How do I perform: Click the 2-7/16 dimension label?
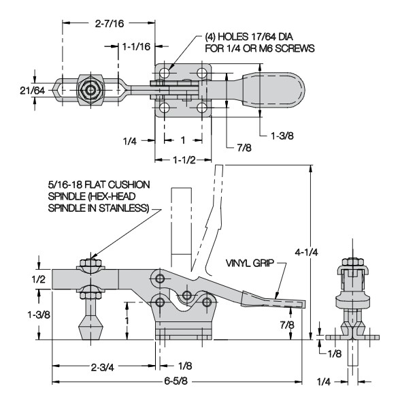pyautogui.click(x=110, y=24)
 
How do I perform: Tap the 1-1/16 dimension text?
pyautogui.click(x=137, y=47)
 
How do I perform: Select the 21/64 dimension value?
pyautogui.click(x=32, y=91)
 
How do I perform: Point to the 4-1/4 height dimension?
pyautogui.click(x=306, y=252)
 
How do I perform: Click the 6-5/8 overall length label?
pyautogui.click(x=176, y=381)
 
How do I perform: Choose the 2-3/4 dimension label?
pyautogui.click(x=103, y=367)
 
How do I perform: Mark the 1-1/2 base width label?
pyautogui.click(x=184, y=160)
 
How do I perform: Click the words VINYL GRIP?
pyautogui.click(x=250, y=263)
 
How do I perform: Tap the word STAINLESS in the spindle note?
pyautogui.click(x=124, y=208)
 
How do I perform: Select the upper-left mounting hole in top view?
pyautogui.click(x=165, y=72)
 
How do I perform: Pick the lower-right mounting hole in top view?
pyautogui.click(x=202, y=108)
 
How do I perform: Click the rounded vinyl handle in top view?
pyautogui.click(x=273, y=90)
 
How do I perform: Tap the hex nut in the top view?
pyautogui.click(x=90, y=91)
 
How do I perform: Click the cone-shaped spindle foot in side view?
pyautogui.click(x=90, y=328)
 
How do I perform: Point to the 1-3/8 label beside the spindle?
pyautogui.click(x=39, y=315)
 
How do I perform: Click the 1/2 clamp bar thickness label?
pyautogui.click(x=39, y=279)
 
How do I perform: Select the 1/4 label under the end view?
pyautogui.click(x=324, y=381)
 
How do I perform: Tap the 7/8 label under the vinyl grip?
pyautogui.click(x=287, y=325)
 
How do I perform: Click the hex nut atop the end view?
pyautogui.click(x=353, y=262)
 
